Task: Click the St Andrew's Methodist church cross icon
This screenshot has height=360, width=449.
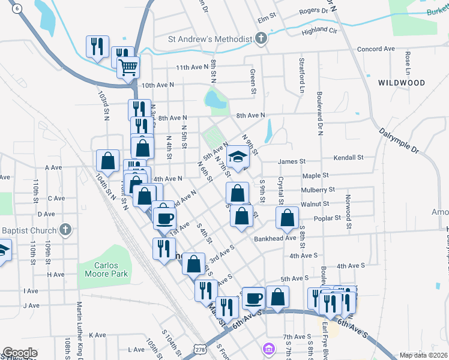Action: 261,40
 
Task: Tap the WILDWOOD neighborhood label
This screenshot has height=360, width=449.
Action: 402,83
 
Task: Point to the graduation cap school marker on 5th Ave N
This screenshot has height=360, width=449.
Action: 238,157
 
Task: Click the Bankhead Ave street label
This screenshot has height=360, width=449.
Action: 275,238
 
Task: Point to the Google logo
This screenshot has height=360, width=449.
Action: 20,353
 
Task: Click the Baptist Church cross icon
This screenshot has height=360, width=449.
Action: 66,229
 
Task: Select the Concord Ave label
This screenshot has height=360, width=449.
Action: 376,49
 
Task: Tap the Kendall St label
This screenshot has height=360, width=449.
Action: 349,157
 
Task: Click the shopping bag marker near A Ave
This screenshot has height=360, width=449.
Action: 107,160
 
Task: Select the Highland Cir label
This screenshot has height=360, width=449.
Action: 319,30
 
